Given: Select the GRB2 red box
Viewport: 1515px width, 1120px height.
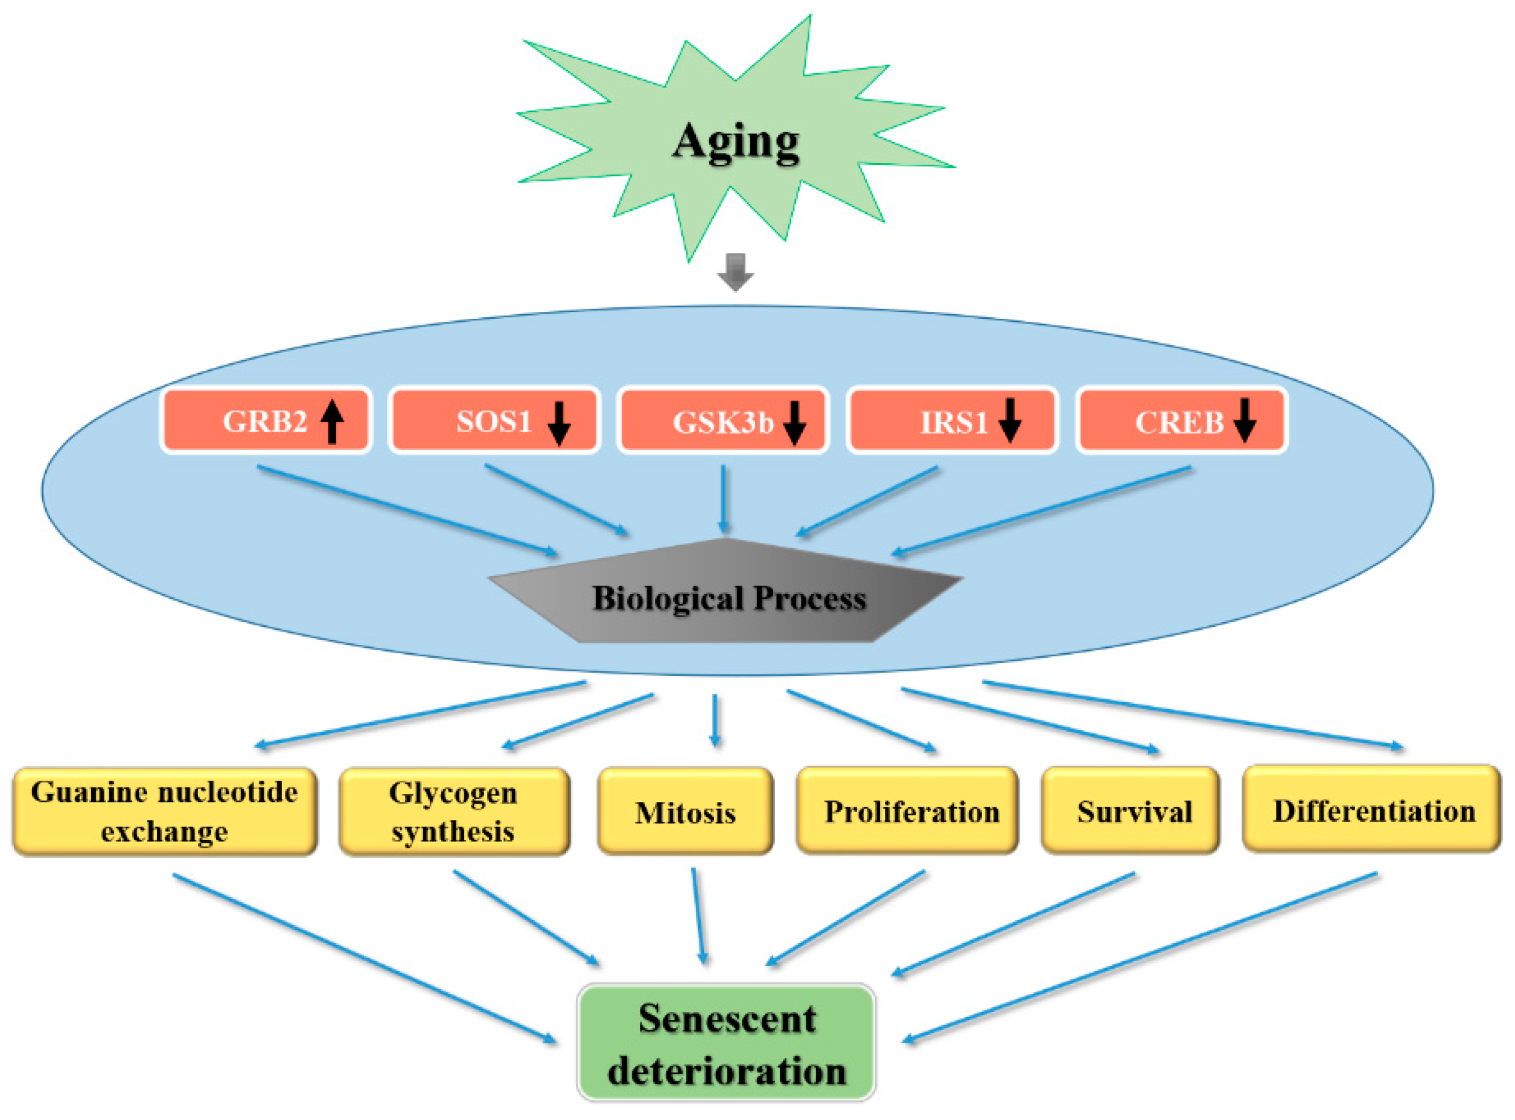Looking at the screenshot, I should pyautogui.click(x=266, y=421).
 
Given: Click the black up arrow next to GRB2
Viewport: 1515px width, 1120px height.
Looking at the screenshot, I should pyautogui.click(x=332, y=421).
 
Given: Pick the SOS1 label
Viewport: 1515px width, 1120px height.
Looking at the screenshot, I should pyautogui.click(x=494, y=421).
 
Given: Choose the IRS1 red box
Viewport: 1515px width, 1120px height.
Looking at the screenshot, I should pyautogui.click(x=952, y=421).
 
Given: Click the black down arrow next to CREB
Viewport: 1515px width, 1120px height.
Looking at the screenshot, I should pyautogui.click(x=1245, y=421).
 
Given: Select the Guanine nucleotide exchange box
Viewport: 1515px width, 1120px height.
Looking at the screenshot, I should pyautogui.click(x=165, y=811).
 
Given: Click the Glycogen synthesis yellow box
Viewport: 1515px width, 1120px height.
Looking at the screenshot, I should pyautogui.click(x=453, y=811).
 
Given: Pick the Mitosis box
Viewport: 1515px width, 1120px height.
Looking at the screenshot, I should pyautogui.click(x=685, y=811).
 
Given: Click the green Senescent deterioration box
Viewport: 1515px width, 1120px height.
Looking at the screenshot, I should pyautogui.click(x=727, y=1043).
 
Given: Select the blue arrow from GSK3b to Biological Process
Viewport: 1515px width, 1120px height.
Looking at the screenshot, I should pyautogui.click(x=724, y=498).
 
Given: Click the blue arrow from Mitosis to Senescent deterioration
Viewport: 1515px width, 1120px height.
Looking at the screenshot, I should pyautogui.click(x=698, y=915).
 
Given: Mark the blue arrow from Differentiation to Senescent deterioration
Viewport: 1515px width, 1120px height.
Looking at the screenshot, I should pyautogui.click(x=1139, y=956).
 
